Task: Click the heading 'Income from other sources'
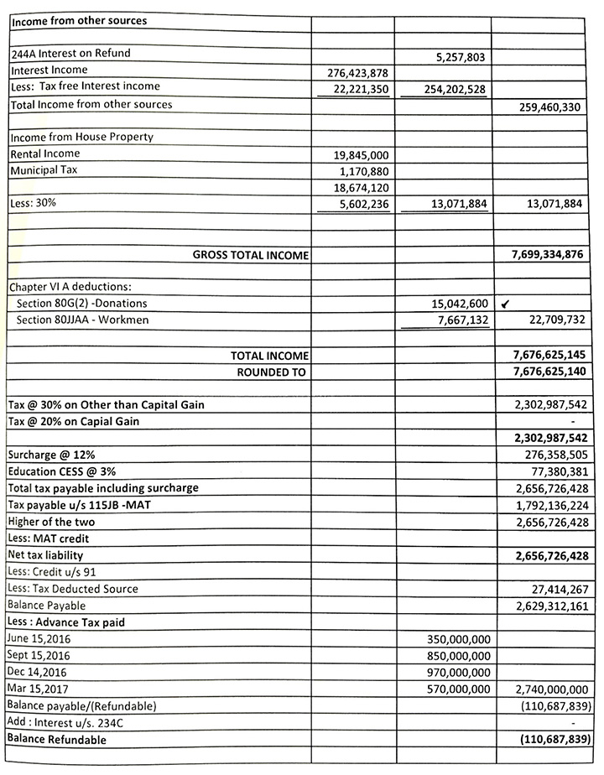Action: point(66,20)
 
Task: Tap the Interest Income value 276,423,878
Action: point(358,73)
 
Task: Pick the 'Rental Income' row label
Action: point(45,153)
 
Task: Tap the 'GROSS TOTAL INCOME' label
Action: point(251,255)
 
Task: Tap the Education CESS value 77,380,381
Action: point(555,471)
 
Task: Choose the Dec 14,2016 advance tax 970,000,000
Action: point(454,673)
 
